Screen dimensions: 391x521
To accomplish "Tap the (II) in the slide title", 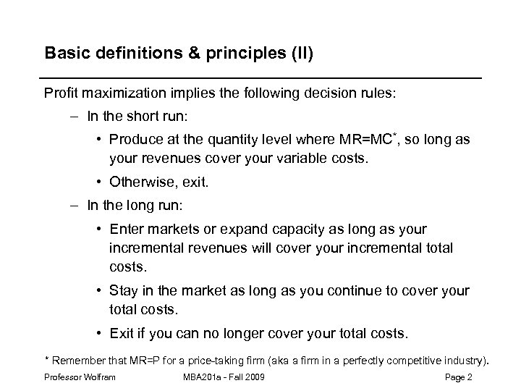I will [298, 54].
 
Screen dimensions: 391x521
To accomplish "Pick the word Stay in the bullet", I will [124, 290].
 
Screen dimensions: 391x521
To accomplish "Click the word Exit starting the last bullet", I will [122, 334].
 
